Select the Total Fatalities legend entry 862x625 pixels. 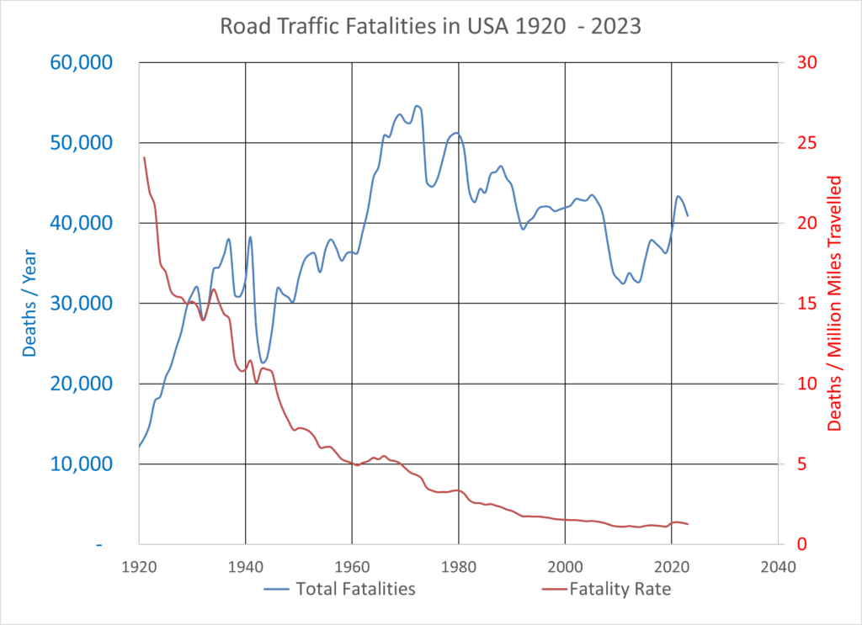[356, 589]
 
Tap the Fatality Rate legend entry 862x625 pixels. [620, 589]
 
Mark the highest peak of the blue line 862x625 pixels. [417, 106]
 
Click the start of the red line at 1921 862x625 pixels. [144, 157]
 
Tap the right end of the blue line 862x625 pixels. [688, 216]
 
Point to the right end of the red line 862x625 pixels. [688, 524]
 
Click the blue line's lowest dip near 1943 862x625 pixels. [263, 363]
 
